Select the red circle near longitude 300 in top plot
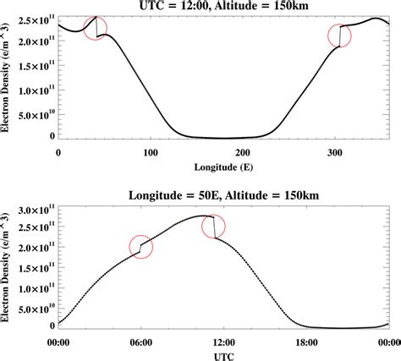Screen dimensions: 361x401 click(340, 36)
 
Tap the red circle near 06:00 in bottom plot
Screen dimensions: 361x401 click(142, 247)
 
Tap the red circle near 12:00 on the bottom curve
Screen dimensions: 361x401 click(216, 226)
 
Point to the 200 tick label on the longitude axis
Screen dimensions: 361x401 click(242, 152)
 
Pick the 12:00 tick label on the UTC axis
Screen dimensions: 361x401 click(223, 341)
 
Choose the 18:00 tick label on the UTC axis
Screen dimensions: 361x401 click(305, 341)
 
